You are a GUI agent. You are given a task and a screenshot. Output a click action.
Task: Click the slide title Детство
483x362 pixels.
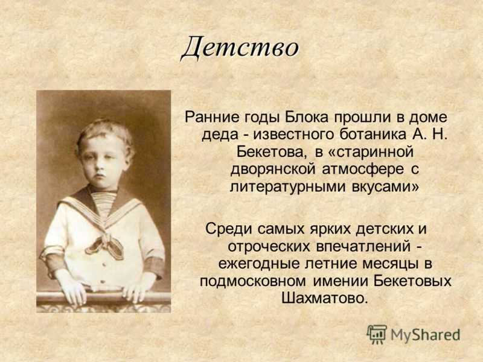point(240,47)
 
